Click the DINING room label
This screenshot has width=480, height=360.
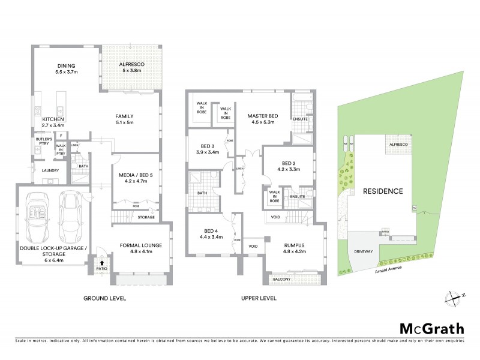[65, 66]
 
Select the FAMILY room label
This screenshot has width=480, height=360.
[124, 116]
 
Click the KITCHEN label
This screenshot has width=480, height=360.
[52, 119]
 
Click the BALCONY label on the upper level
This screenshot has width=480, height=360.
[281, 280]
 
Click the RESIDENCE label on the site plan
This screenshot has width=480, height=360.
[382, 191]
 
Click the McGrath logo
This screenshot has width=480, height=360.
[431, 328]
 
